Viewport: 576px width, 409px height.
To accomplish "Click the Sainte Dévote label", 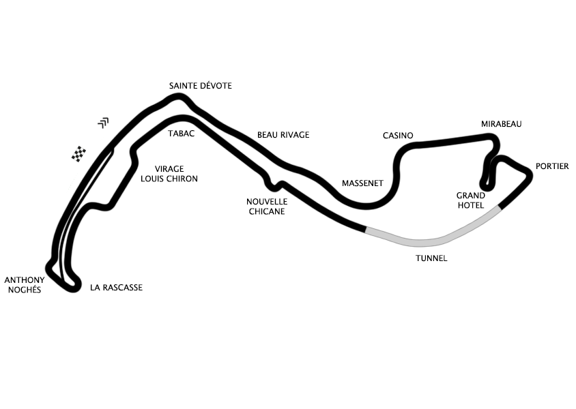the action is pos(200,86).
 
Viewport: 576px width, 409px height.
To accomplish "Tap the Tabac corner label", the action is pos(181,134).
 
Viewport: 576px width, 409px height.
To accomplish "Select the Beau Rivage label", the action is pos(283,135).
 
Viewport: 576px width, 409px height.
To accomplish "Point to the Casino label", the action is pos(398,136).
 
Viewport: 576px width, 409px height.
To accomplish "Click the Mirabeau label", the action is pos(502,124).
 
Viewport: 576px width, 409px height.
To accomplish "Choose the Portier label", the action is pos(552,166).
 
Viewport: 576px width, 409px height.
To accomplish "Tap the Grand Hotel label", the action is pos(471,200).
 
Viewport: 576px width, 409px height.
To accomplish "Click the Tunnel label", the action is pos(431,258).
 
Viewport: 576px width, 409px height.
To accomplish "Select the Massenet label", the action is pos(362,183).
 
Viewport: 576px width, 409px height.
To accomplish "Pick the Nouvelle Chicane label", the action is pos(267,207).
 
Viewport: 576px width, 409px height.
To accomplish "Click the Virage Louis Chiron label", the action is pos(169,174).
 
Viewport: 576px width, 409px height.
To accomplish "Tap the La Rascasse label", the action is pos(117,288).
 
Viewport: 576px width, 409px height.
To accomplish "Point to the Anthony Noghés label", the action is pos(25,285).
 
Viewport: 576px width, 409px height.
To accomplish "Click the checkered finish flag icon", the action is pos(78,153).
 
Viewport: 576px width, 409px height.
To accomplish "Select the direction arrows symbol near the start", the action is pos(104,123).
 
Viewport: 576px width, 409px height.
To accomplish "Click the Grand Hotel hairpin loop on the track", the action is pos(487,184).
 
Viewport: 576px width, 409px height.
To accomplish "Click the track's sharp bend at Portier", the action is pos(529,174).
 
